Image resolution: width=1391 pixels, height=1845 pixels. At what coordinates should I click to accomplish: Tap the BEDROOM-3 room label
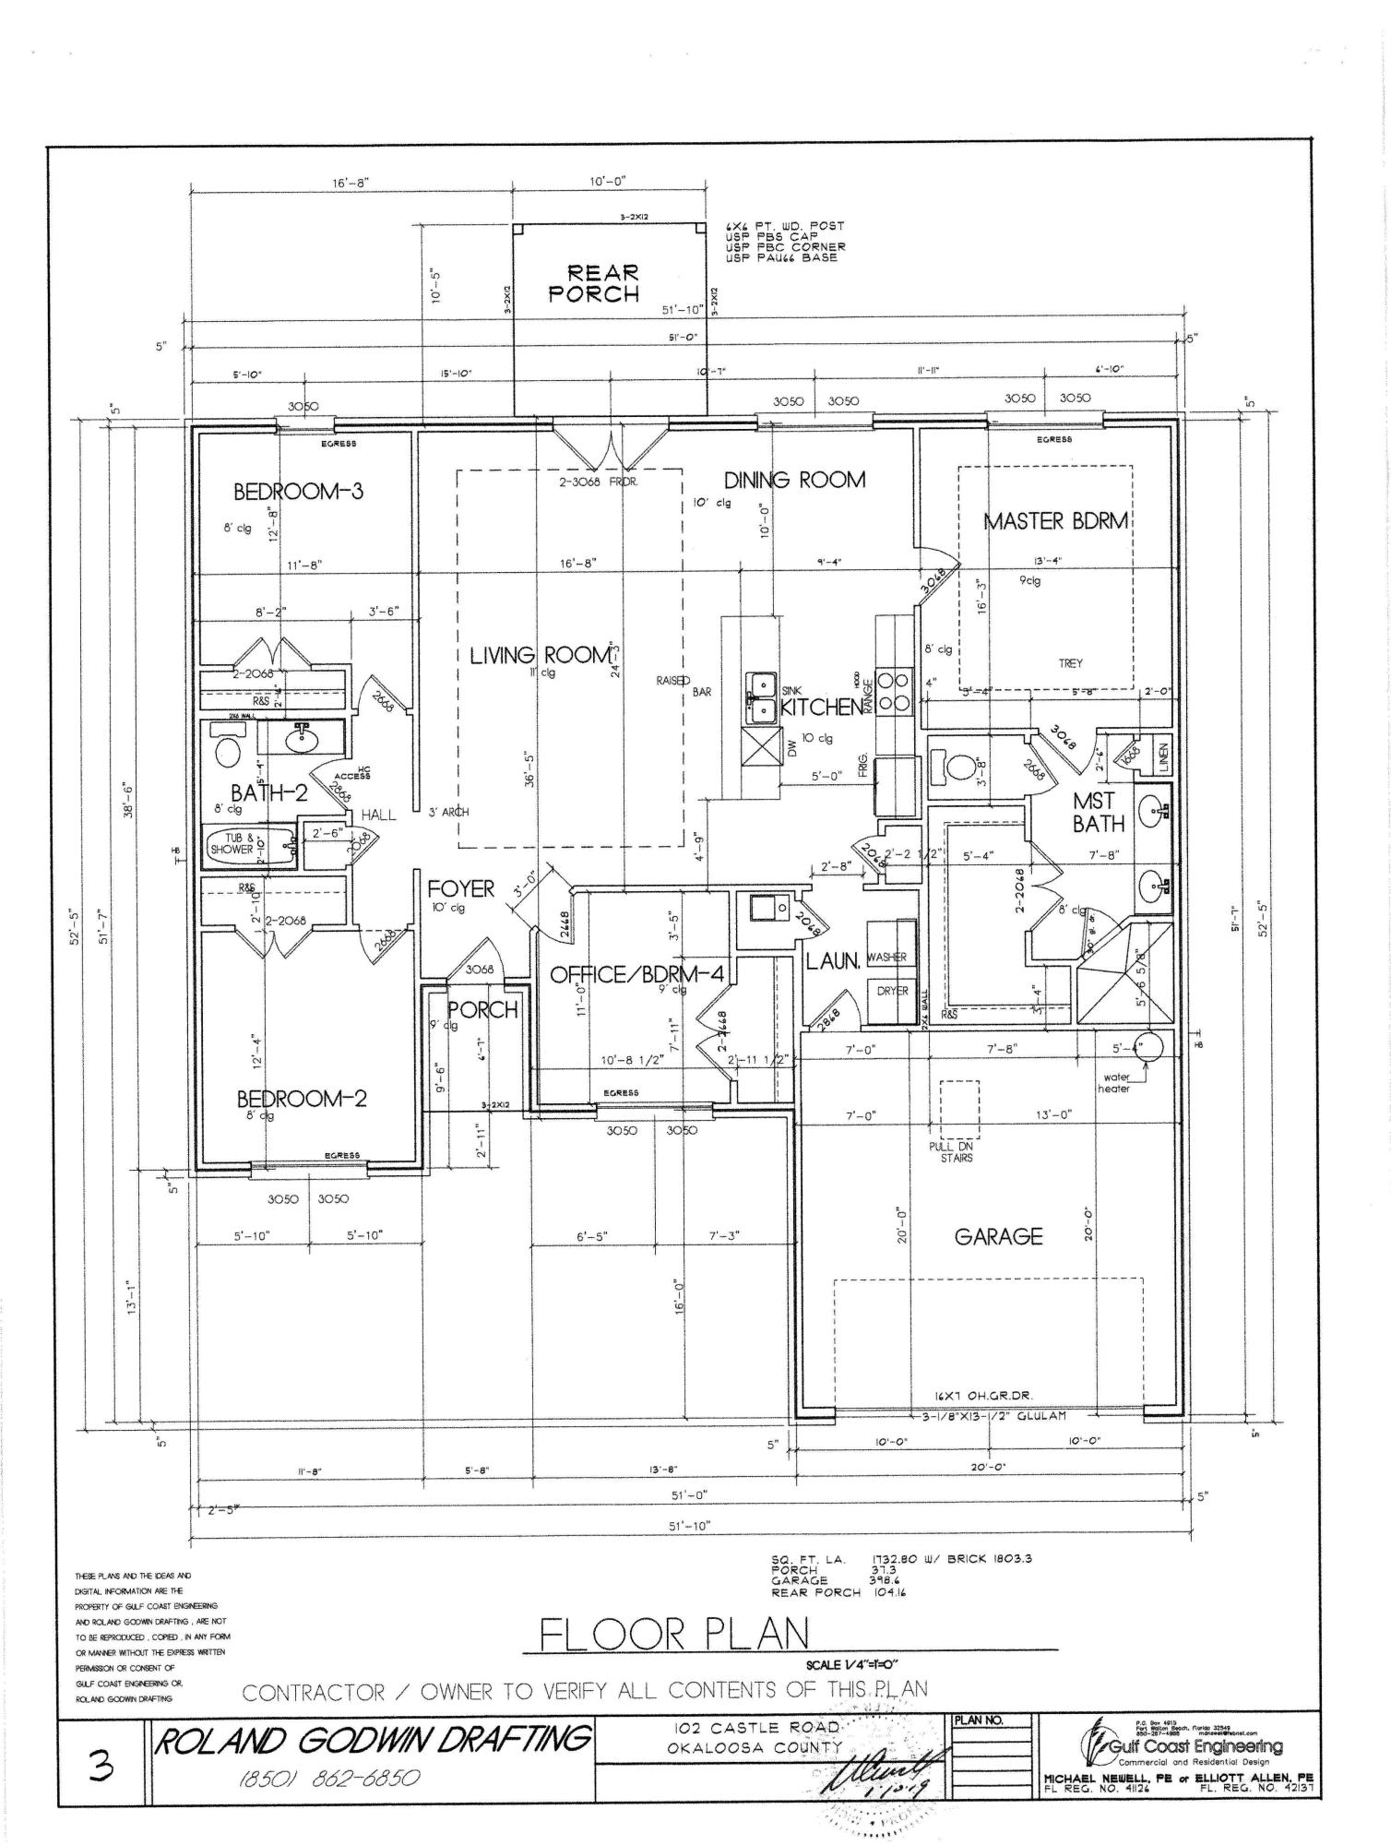[298, 491]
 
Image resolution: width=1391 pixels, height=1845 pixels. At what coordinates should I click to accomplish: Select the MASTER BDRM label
[1055, 521]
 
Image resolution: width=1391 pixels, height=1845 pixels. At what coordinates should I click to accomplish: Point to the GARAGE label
[998, 1236]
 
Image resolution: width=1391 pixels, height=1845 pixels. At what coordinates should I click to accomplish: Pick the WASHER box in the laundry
[886, 957]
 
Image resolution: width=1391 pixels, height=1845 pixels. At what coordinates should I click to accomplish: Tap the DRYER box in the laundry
[891, 992]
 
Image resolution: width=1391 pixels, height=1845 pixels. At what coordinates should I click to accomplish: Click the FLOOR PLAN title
[674, 1635]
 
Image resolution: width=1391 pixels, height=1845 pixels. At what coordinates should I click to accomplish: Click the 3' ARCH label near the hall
[448, 813]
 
